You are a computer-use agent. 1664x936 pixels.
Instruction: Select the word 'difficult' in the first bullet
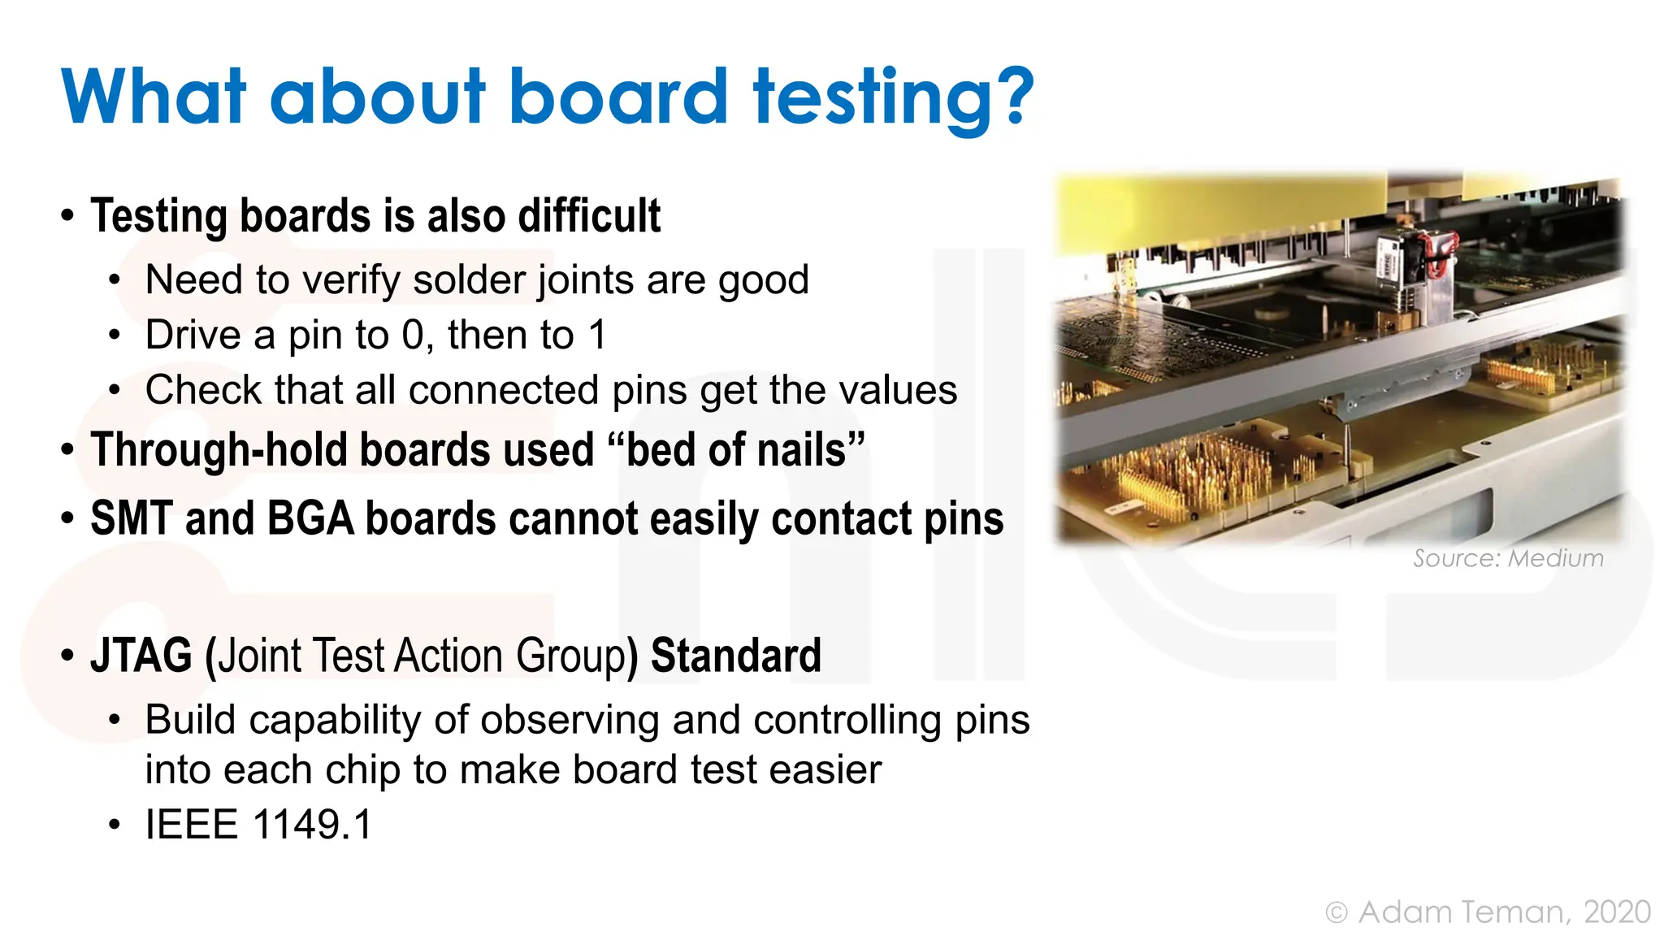(x=589, y=216)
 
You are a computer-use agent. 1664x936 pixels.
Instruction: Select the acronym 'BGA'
(x=310, y=519)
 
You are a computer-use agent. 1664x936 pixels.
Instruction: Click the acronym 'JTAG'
(x=141, y=656)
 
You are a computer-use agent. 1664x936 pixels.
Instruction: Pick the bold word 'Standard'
(x=736, y=656)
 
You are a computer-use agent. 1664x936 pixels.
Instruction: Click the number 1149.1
(x=313, y=825)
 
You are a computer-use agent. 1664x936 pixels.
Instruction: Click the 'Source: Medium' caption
(x=1508, y=558)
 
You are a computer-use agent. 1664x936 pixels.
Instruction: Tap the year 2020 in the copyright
(x=1617, y=912)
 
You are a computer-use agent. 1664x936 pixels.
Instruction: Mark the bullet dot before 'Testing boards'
(x=68, y=217)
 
